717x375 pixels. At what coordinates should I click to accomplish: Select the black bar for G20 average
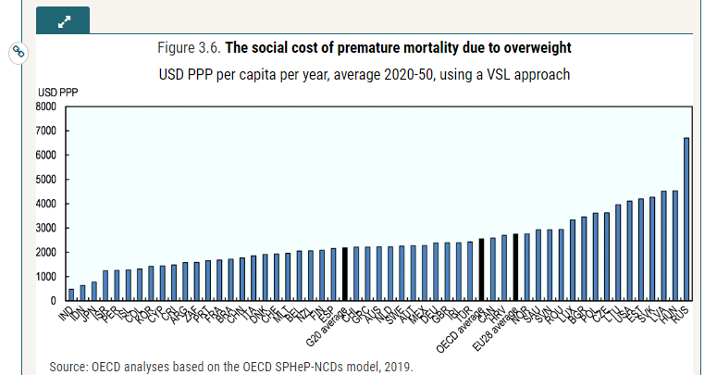pyautogui.click(x=345, y=274)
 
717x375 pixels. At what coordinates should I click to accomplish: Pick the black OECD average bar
pyautogui.click(x=481, y=269)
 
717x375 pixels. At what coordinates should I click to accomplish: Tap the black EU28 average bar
pyautogui.click(x=515, y=268)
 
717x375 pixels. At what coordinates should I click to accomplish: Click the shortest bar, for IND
pyautogui.click(x=71, y=294)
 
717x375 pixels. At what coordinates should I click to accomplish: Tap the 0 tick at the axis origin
pyautogui.click(x=53, y=301)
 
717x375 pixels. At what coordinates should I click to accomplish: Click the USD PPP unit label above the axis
pyautogui.click(x=57, y=94)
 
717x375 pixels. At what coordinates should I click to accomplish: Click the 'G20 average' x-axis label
pyautogui.click(x=329, y=326)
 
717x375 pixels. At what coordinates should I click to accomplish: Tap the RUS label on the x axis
pyautogui.click(x=680, y=314)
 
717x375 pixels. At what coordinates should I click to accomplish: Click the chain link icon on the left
pyautogui.click(x=18, y=52)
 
